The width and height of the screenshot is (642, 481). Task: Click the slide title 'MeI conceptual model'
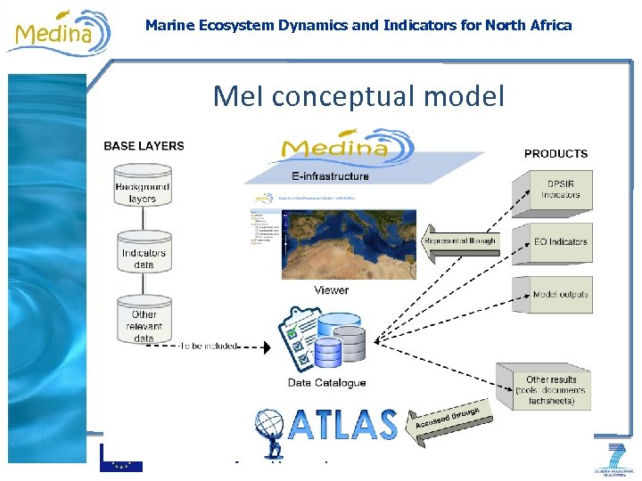(358, 94)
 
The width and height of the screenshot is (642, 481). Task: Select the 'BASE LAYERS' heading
(144, 146)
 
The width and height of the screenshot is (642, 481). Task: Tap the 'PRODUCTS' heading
(556, 154)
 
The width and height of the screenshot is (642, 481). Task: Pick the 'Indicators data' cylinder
(144, 257)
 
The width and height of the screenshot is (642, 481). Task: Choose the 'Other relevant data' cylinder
(144, 322)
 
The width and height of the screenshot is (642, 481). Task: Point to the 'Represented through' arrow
(458, 241)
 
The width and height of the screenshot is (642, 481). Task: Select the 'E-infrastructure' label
(329, 176)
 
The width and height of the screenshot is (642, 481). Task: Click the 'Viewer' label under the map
(331, 290)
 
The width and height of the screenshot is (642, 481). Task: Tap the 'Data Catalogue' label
(326, 383)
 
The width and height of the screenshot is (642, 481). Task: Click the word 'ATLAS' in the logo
(343, 424)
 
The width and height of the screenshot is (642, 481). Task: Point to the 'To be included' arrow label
(207, 346)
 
